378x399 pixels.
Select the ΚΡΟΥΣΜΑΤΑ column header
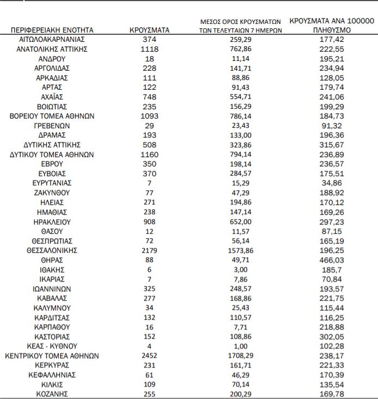pos(150,30)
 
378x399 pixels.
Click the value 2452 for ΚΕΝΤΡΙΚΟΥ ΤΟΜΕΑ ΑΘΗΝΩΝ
pos(150,356)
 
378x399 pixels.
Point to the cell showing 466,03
pos(332,260)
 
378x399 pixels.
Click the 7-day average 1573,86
pos(241,251)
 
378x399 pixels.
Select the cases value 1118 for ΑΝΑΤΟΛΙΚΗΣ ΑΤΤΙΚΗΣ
pos(150,49)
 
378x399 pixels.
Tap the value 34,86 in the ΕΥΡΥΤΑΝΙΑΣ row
pos(332,183)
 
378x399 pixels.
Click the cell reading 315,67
pos(332,145)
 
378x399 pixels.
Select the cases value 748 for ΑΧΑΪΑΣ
pos(150,97)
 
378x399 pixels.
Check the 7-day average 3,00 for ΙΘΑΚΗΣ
pos(241,270)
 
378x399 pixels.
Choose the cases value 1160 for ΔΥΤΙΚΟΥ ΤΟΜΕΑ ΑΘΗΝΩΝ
pos(150,154)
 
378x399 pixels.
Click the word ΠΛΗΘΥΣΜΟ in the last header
pos(332,30)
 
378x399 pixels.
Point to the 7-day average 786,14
pos(241,116)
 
